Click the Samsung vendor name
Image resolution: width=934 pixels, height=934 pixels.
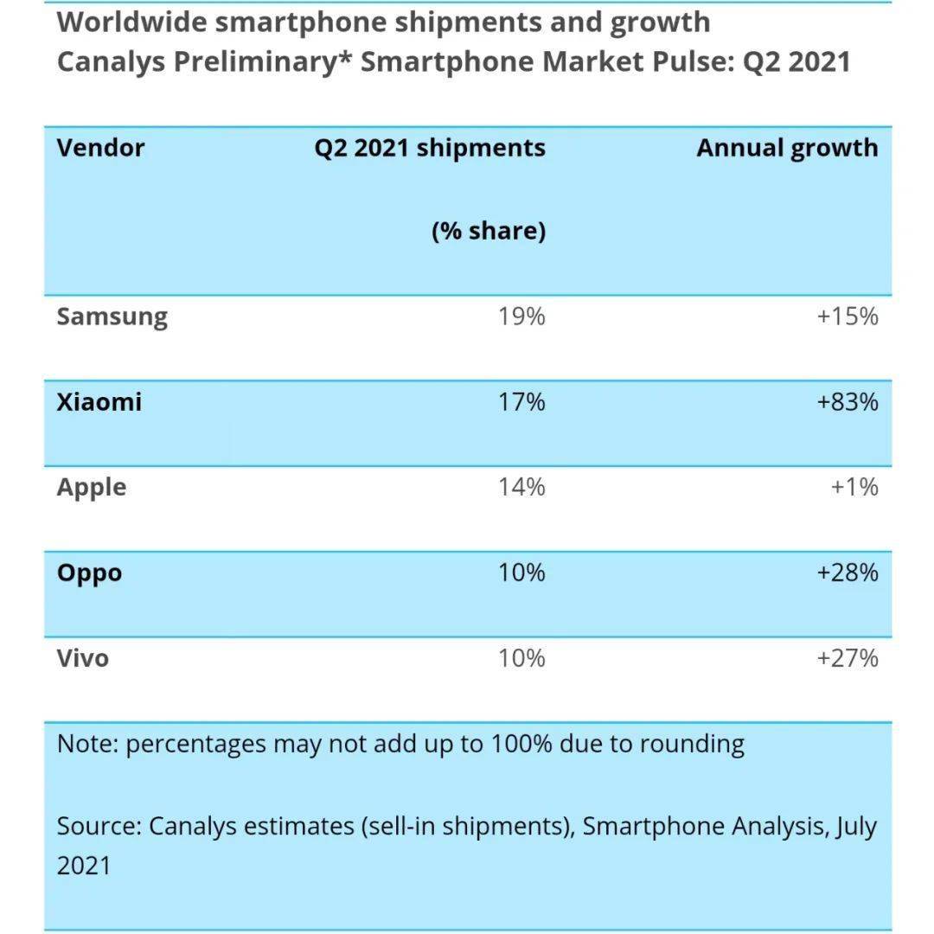coord(112,317)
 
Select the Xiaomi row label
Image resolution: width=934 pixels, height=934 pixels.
coord(99,402)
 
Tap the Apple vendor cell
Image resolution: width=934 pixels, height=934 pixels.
coord(91,488)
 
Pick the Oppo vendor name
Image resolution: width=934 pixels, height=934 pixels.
coord(89,573)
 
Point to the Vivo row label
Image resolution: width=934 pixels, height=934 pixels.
coord(83,658)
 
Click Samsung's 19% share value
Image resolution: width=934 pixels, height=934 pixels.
coord(521,317)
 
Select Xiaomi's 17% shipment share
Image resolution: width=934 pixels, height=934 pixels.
coord(521,402)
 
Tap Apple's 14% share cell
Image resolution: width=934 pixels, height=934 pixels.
coord(521,488)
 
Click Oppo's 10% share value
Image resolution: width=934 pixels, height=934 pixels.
coord(521,573)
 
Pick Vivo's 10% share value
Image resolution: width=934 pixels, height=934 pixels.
coord(521,658)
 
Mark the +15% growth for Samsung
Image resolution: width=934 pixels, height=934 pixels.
coord(848,317)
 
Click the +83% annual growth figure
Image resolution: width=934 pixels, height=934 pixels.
coord(848,402)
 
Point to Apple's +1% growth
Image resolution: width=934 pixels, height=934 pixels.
coord(854,488)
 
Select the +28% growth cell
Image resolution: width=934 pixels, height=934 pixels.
coord(848,573)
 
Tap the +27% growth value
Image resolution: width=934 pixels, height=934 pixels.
coord(848,658)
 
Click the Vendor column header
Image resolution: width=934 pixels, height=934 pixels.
coord(100,148)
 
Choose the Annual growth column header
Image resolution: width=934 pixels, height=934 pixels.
coord(787,148)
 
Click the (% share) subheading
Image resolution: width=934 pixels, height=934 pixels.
coord(489,232)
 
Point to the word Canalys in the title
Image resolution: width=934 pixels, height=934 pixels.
coord(108,62)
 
